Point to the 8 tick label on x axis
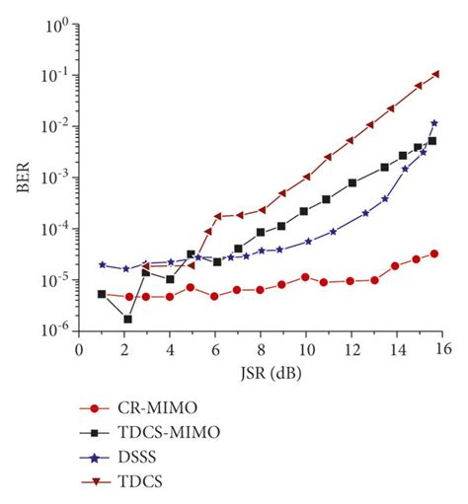click(x=261, y=351)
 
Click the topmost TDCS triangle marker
click(x=435, y=74)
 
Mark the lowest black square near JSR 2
click(x=127, y=320)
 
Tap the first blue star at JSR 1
click(x=102, y=264)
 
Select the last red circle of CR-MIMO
click(x=434, y=253)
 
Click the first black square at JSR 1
click(x=102, y=294)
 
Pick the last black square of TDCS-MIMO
click(x=432, y=141)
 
